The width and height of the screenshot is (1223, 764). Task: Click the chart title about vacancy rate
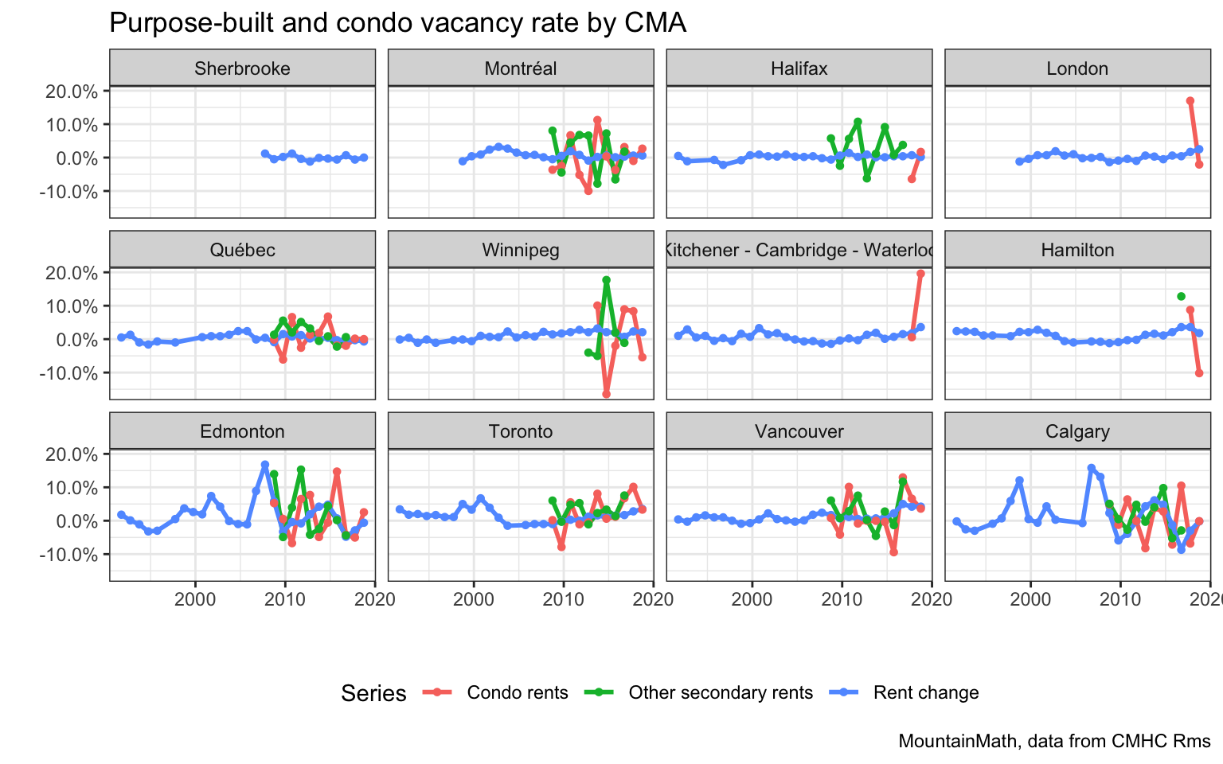[x=397, y=23]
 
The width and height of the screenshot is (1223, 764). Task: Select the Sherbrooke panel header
[x=242, y=68]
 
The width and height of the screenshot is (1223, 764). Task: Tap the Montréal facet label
[x=521, y=68]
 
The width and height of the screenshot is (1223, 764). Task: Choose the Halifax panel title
[x=799, y=68]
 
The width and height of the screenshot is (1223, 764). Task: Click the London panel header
[x=1077, y=68]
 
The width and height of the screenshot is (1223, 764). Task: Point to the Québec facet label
[x=242, y=250]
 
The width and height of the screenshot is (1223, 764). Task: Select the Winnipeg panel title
[x=521, y=250]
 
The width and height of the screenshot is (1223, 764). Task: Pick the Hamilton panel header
[x=1077, y=250]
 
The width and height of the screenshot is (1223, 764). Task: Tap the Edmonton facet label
[x=242, y=431]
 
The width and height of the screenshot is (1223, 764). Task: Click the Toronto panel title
[x=521, y=431]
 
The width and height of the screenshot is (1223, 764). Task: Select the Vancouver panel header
[x=799, y=431]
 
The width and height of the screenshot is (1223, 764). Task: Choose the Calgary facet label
[x=1077, y=431]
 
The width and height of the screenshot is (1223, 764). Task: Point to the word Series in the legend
[x=373, y=693]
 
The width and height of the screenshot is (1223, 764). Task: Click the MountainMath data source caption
[x=1054, y=741]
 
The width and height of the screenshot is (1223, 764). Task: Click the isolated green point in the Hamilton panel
[x=1181, y=297]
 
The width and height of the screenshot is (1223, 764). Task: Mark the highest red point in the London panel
[x=1190, y=101]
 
